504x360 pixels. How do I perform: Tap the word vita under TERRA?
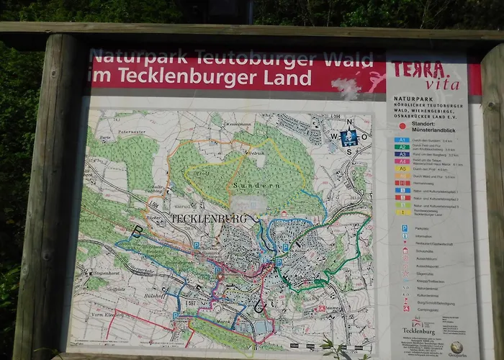[x=442, y=85]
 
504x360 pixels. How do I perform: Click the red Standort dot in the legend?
[x=402, y=125]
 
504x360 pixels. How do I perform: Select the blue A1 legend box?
[x=402, y=140]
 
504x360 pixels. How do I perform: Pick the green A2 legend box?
[x=402, y=147]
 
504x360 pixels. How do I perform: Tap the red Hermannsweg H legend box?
[x=403, y=183]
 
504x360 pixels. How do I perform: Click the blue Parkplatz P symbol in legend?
[x=405, y=228]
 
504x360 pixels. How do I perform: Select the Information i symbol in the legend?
[x=405, y=235]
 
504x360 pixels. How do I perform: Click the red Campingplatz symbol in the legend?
[x=406, y=308]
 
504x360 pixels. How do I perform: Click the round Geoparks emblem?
[x=456, y=347]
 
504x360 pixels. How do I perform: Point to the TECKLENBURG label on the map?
[x=209, y=218]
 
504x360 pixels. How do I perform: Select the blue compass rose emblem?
[x=349, y=136]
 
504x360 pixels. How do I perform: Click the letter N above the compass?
[x=351, y=122]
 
